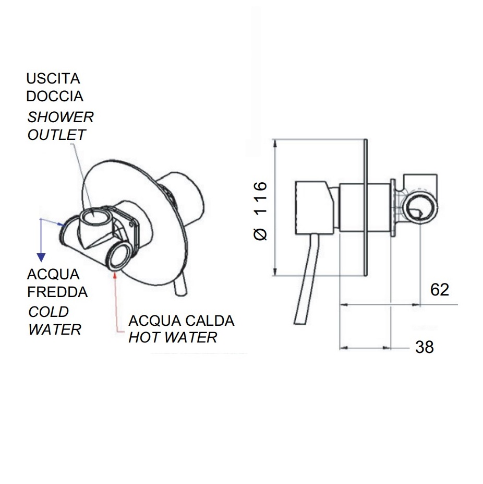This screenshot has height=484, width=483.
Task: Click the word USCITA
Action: [53, 79]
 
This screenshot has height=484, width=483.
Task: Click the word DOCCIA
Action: [55, 96]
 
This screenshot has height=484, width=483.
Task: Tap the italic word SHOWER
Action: [61, 117]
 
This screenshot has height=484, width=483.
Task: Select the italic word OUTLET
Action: [56, 135]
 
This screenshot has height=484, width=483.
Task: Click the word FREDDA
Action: [57, 292]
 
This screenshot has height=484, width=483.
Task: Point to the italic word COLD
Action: [49, 312]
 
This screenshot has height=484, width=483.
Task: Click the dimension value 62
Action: [440, 290]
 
